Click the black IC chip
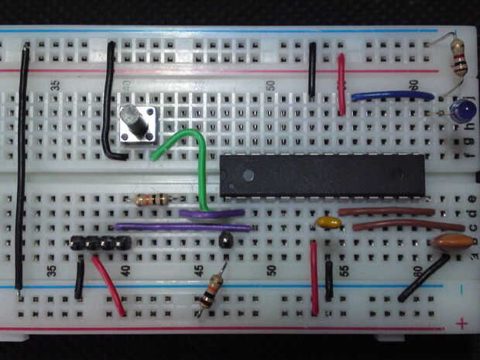(x=321, y=174)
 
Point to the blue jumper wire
(x=381, y=96)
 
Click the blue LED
(x=462, y=111)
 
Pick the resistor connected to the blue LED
(x=459, y=58)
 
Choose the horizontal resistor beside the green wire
(x=153, y=200)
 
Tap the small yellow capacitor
(x=329, y=223)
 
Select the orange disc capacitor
(x=452, y=241)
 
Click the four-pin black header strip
(x=100, y=242)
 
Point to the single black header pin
(x=225, y=239)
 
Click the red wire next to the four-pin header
(x=108, y=286)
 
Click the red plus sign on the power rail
(x=462, y=322)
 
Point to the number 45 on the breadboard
(x=198, y=271)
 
